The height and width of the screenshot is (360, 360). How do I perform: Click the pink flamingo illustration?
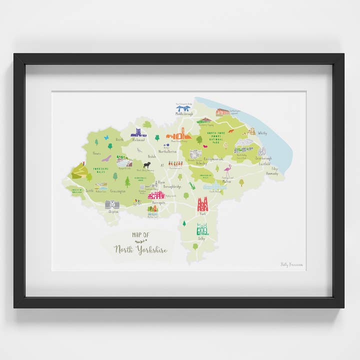228,170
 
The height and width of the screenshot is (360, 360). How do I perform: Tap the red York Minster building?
202,204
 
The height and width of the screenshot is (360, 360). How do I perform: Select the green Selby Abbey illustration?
202,229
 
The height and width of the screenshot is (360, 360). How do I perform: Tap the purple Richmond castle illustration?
138,132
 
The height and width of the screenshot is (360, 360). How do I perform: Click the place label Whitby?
262,133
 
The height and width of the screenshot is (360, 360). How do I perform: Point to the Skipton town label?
113,211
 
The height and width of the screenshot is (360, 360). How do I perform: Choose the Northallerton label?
168,150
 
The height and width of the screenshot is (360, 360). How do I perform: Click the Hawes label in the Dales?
97,153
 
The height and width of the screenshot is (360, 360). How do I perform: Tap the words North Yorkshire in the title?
140,249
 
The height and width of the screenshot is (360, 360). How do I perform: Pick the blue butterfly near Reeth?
106,137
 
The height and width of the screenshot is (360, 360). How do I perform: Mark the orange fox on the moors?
231,131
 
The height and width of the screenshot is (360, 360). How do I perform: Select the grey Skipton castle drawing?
112,204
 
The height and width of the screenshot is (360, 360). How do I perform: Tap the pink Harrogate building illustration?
156,195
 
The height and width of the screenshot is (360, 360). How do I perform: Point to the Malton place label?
227,182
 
